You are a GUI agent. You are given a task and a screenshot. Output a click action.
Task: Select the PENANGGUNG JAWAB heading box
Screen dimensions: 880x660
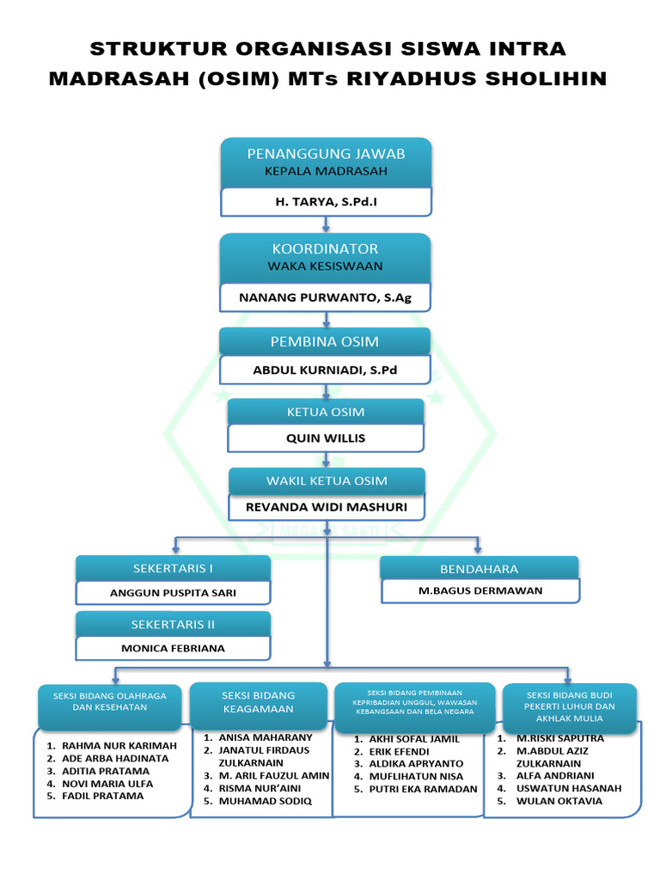click(326, 162)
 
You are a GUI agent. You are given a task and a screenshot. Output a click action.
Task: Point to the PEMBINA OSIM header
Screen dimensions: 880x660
click(325, 341)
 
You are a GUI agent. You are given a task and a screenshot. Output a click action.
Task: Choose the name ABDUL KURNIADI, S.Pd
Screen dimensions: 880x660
click(325, 370)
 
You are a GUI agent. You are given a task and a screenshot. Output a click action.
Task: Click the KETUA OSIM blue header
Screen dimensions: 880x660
click(325, 412)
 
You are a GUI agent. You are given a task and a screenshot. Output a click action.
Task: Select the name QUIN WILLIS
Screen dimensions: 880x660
click(325, 438)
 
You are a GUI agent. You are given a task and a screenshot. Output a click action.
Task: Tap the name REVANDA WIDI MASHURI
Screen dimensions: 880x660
click(326, 507)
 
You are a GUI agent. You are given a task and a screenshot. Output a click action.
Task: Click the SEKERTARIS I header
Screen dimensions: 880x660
click(173, 568)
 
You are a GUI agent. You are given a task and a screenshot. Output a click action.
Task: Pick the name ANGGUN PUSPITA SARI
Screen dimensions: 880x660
click(173, 593)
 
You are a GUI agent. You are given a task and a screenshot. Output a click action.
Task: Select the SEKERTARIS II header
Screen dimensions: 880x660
click(173, 624)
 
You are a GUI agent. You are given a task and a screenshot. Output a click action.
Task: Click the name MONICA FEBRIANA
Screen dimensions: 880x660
click(173, 649)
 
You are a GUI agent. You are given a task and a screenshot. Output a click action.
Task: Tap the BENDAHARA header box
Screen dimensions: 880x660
click(479, 568)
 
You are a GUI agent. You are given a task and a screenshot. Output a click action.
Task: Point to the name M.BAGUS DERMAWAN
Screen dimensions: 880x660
click(480, 590)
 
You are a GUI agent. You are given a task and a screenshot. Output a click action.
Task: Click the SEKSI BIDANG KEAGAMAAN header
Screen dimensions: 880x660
click(258, 702)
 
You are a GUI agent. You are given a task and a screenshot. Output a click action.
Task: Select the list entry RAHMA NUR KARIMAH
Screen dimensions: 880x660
click(119, 746)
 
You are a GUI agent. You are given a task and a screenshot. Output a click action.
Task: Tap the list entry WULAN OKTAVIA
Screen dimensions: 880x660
click(559, 801)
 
